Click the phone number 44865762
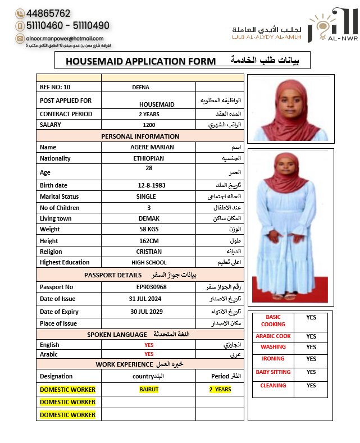point(48,13)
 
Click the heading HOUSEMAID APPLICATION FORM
point(140,61)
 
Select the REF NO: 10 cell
point(55,87)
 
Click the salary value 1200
point(149,125)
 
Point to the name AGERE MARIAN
point(148,147)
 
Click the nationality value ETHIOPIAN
point(148,158)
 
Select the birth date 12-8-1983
point(148,185)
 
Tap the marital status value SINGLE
point(146,197)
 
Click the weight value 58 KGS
point(148,229)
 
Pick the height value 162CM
point(148,240)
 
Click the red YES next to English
point(149,345)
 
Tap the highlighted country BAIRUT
point(149,389)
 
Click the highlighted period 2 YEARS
point(220,389)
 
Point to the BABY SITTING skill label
point(273,372)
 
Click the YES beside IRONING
point(311,359)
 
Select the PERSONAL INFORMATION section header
point(140,136)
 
